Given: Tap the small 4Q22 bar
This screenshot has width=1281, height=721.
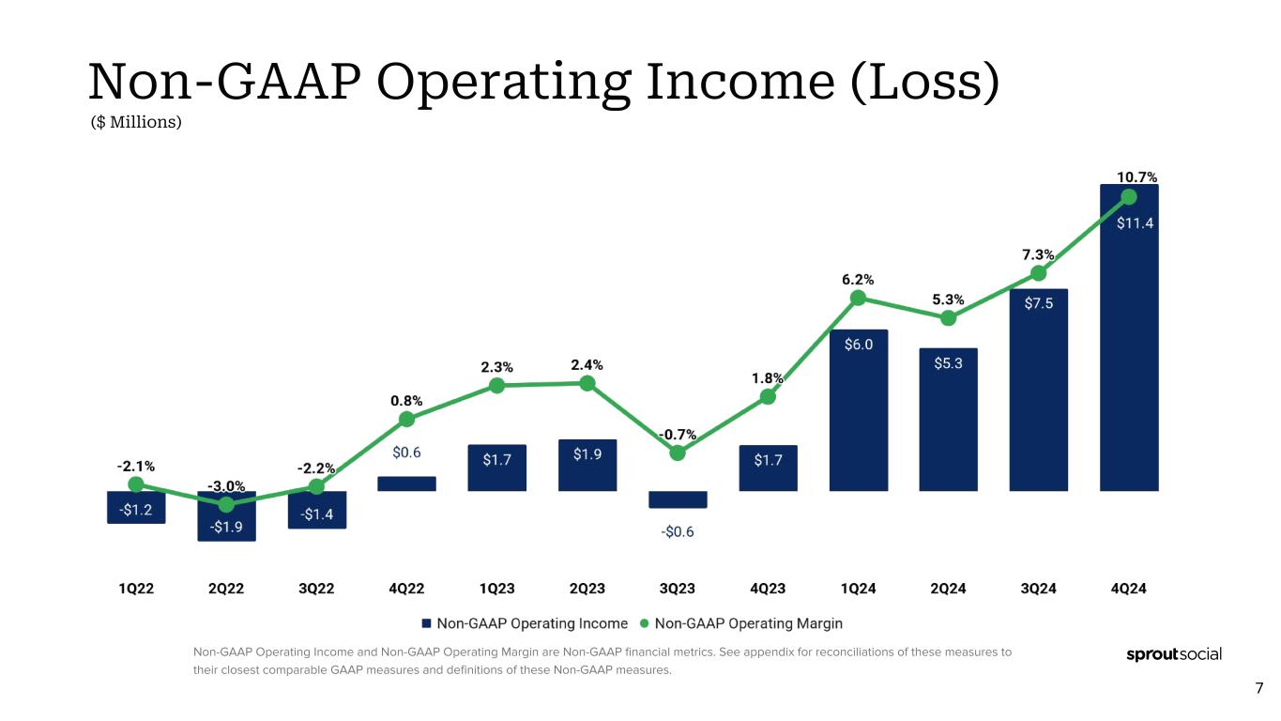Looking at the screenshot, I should [406, 483].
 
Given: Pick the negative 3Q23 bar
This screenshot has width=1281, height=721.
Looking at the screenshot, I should [678, 499].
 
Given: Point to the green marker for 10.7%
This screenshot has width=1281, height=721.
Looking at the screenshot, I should [1129, 197].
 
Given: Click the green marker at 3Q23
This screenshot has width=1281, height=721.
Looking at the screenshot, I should [678, 453].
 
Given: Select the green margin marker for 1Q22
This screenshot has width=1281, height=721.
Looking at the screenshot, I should [136, 484].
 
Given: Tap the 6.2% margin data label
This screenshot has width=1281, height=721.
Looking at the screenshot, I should [858, 279].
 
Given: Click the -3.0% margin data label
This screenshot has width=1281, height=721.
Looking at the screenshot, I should [226, 486].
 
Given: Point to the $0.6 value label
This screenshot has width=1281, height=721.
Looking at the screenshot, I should [406, 453].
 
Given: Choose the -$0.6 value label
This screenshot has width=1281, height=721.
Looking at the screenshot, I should [678, 531].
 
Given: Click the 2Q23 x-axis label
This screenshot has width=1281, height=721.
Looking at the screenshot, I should [587, 590].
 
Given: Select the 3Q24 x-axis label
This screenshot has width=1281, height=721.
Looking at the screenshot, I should [1038, 590].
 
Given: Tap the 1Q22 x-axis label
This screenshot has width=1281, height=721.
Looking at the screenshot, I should [136, 590].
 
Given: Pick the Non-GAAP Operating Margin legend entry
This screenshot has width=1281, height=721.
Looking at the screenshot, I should [740, 623].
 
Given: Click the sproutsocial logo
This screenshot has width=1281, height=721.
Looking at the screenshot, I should [1173, 654].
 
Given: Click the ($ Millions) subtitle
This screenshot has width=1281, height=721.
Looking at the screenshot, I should [135, 122].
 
